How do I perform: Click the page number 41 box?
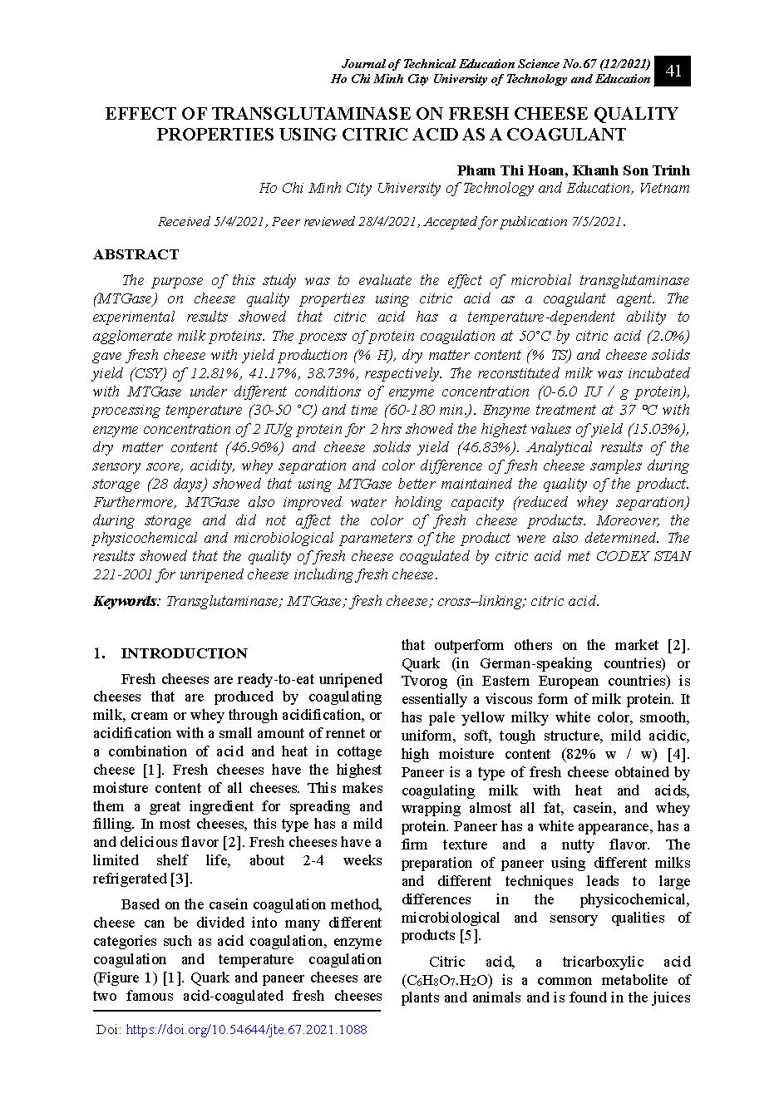coord(673,71)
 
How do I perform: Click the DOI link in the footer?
coord(245,1030)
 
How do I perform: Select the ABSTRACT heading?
coord(136,254)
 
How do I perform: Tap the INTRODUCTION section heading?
coord(184,653)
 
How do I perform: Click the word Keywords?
coord(124,601)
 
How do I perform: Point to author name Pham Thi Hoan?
coord(509,170)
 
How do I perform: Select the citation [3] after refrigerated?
coord(181,879)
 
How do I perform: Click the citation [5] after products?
coord(471,936)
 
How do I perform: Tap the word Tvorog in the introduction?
coord(426,682)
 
